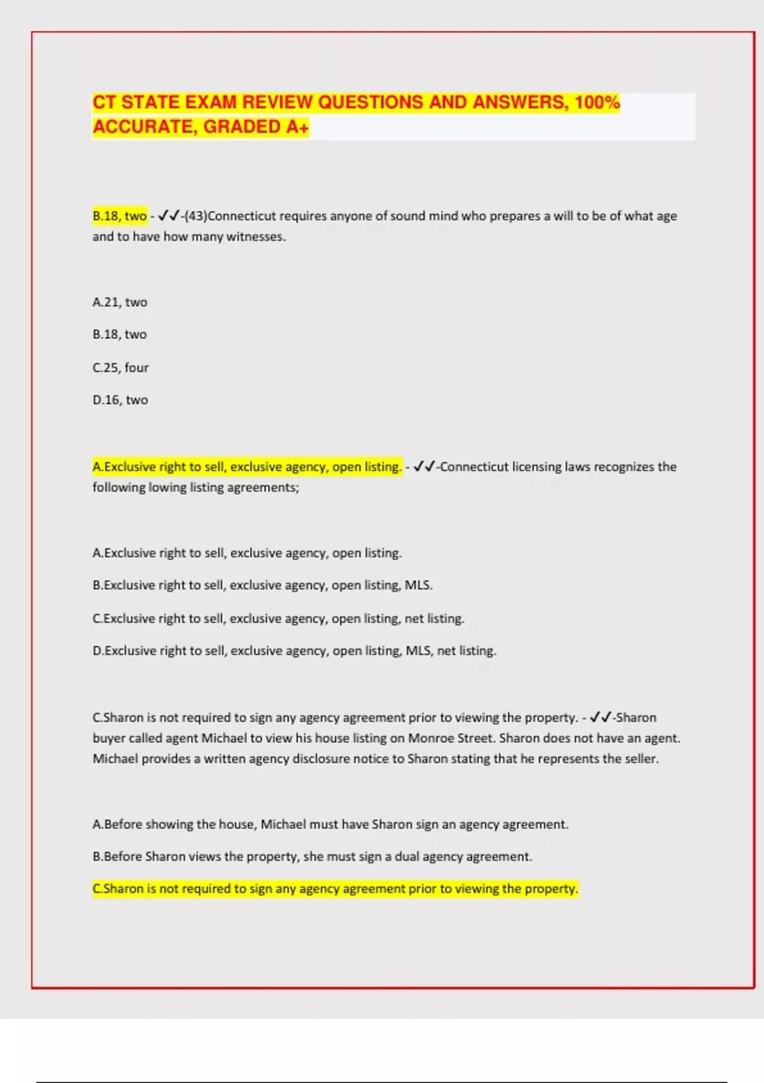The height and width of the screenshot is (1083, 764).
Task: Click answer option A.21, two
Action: tap(120, 302)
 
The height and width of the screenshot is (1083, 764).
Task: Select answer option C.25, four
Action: tap(120, 368)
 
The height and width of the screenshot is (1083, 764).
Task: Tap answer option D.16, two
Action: tap(120, 400)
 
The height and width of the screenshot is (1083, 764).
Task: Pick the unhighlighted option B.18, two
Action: tap(120, 334)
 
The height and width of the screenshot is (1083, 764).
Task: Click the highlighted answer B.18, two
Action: tap(120, 216)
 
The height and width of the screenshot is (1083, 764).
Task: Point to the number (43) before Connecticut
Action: tap(195, 216)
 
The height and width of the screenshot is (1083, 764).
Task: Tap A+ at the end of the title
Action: tap(297, 127)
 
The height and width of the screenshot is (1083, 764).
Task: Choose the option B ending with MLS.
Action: tap(262, 585)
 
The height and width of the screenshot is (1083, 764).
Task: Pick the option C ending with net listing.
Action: tap(278, 619)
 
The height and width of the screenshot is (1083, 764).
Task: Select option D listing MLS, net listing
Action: tap(294, 651)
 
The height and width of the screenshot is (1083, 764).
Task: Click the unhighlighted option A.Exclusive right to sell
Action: tap(247, 553)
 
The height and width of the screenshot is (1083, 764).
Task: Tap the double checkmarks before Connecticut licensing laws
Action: tap(423, 467)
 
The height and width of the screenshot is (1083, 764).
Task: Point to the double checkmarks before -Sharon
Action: tap(600, 717)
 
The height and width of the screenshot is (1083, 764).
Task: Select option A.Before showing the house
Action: tap(330, 824)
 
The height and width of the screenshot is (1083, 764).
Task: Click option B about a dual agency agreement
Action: tap(312, 857)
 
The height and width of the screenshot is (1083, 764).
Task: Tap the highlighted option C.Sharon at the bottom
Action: tap(336, 889)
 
